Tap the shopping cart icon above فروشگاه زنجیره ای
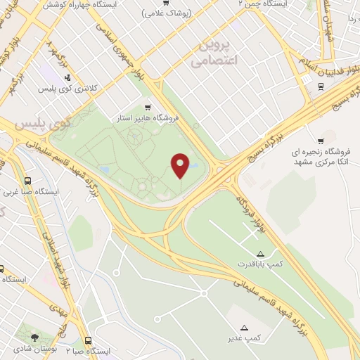click(x=321, y=139)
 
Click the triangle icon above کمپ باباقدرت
click(x=260, y=252)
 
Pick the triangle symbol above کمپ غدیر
click(x=245, y=327)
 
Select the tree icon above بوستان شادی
click(x=35, y=337)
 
